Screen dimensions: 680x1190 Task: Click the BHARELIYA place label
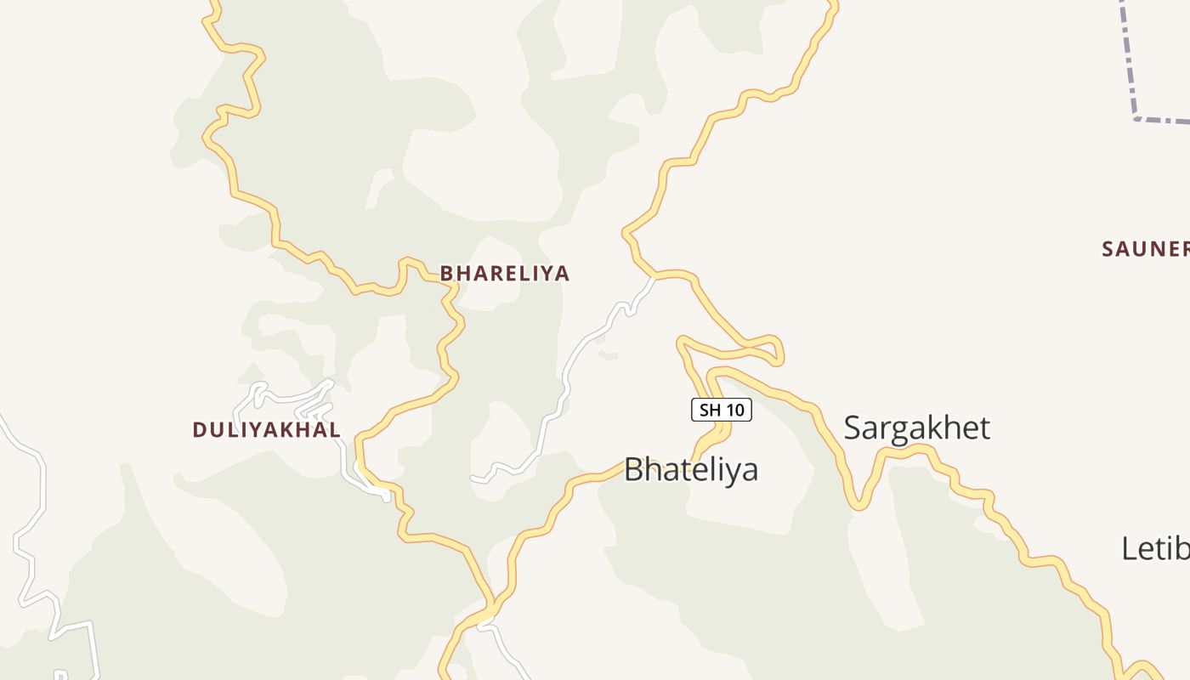(504, 274)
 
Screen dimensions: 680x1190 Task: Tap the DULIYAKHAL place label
(266, 430)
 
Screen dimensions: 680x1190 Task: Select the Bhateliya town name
(690, 469)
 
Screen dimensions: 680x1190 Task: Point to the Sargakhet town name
(916, 428)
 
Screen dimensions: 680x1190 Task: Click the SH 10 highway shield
(721, 411)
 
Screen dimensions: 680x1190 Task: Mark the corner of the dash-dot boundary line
(1136, 117)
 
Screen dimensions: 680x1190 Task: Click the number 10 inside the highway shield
(735, 411)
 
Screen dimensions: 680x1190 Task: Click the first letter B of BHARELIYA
(446, 274)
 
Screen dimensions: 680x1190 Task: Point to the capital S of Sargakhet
(853, 428)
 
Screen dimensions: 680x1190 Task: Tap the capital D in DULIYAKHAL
(200, 430)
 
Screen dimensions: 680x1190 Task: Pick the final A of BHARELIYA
(562, 274)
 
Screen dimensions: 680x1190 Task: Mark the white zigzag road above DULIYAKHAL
(289, 398)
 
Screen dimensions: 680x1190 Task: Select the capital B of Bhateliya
(634, 469)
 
